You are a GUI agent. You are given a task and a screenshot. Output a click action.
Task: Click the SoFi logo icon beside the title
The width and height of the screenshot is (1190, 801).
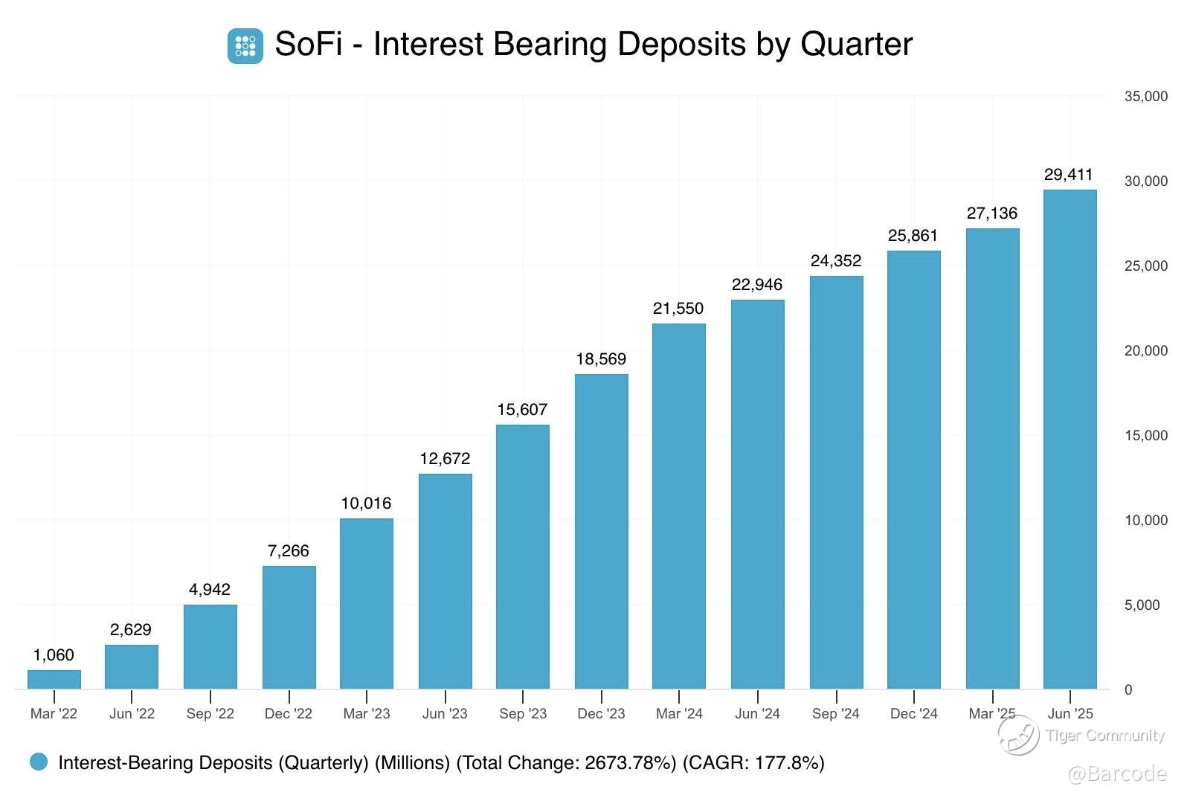coord(245,45)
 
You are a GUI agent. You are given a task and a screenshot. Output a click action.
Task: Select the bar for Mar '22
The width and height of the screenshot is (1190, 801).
coord(54,679)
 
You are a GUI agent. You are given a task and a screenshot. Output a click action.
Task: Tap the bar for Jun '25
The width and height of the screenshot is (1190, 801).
coord(1070,439)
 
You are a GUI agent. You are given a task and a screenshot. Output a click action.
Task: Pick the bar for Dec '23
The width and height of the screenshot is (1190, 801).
coord(601,531)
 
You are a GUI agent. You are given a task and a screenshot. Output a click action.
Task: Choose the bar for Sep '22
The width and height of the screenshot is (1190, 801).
coord(210,646)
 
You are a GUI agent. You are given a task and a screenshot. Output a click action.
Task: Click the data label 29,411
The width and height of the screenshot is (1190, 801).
coord(1068,175)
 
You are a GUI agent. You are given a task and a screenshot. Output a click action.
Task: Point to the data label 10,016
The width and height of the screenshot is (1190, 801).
coord(366,504)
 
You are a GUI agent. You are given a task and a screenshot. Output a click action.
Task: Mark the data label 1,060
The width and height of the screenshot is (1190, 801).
coord(54,655)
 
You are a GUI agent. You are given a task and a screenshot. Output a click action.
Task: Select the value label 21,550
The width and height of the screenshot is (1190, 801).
coord(678,309)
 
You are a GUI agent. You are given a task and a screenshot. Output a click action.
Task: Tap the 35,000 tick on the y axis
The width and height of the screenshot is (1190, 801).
coord(1145,97)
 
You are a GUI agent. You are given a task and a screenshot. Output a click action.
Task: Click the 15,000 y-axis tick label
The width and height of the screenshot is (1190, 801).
coord(1145,436)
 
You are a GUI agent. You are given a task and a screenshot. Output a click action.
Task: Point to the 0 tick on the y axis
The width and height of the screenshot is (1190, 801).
coord(1128,690)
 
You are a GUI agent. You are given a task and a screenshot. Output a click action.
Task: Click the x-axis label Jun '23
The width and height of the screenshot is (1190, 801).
coord(445,714)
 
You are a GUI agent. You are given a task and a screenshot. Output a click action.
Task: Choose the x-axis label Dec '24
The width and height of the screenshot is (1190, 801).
coord(913,714)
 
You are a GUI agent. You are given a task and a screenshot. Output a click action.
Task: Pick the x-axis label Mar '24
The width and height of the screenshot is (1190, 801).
coord(679,714)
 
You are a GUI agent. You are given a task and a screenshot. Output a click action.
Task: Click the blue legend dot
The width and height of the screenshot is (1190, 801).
coord(39,762)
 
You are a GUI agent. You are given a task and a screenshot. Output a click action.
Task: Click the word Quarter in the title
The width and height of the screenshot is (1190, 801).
coord(856,44)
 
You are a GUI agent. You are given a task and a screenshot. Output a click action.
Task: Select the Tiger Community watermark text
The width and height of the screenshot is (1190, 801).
coord(1104,736)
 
